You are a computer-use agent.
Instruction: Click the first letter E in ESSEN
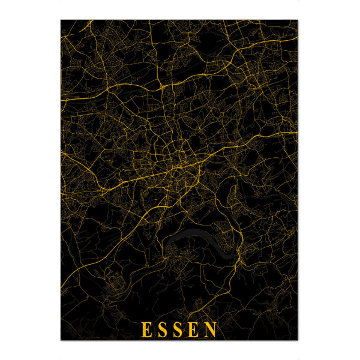(x=146, y=329)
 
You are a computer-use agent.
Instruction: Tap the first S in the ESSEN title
(x=163, y=329)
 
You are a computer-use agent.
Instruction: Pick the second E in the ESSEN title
(x=195, y=329)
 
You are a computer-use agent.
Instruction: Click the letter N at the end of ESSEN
(x=212, y=329)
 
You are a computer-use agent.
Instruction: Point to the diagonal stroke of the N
(x=212, y=329)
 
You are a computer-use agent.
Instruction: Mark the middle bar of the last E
(x=196, y=329)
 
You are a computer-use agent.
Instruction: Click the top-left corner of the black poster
(x=61, y=20)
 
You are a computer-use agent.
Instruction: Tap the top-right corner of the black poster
(x=298, y=20)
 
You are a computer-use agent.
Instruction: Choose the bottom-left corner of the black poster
(x=61, y=340)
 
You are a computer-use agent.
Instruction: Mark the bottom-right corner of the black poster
(x=298, y=340)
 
